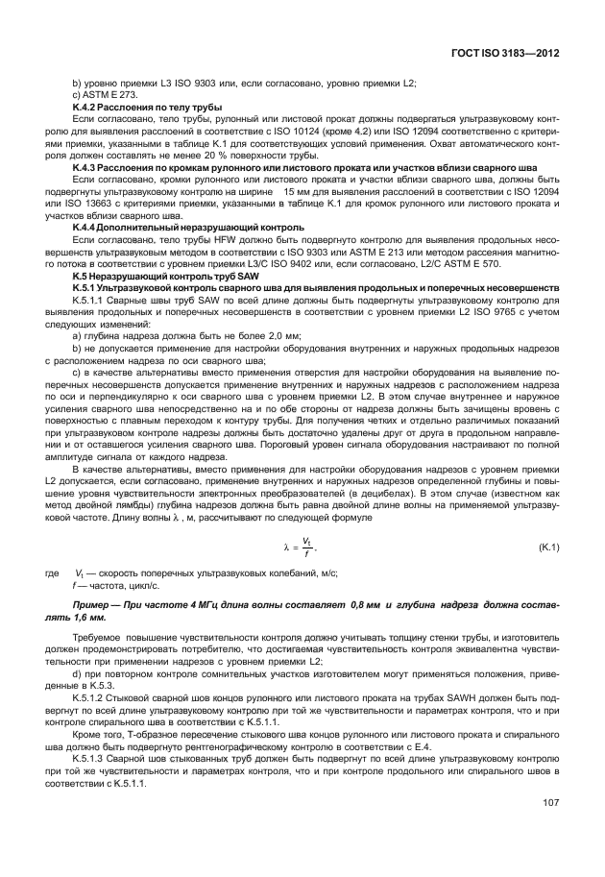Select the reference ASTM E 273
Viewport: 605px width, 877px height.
click(x=102, y=95)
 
